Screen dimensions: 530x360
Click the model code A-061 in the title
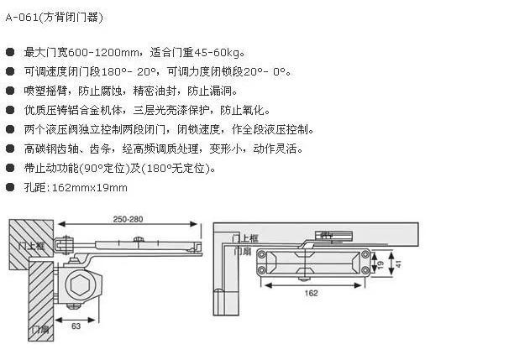click(22, 18)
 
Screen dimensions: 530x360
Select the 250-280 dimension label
click(129, 219)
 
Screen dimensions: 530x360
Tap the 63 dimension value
click(76, 326)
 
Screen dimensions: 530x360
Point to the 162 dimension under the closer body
click(311, 293)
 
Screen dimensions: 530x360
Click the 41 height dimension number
click(399, 263)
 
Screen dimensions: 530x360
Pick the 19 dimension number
click(381, 263)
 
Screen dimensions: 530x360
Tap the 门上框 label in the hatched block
click(31, 245)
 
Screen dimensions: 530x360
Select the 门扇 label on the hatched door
click(40, 329)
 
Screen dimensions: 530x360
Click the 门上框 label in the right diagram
click(245, 238)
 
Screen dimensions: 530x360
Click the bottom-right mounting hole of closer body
click(365, 270)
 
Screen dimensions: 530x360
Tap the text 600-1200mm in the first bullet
click(103, 53)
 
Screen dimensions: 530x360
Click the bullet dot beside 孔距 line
click(10, 187)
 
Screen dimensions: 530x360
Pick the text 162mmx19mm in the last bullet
click(90, 187)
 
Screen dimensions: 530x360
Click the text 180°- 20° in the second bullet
click(129, 72)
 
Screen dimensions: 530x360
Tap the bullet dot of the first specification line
click(10, 52)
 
